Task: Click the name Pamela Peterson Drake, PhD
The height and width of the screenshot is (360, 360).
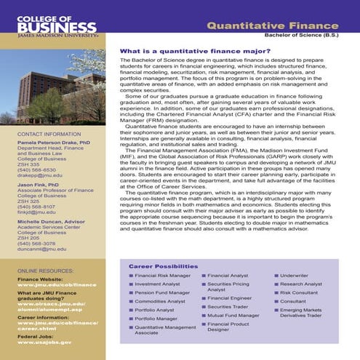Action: tap(54, 145)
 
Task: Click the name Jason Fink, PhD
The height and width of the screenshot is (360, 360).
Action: tap(41, 185)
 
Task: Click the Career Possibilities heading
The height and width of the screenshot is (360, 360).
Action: tap(163, 267)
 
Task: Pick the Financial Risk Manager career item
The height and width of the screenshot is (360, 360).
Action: tap(162, 276)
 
